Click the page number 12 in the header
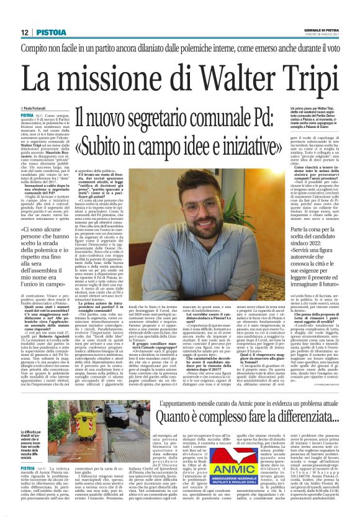tap(24, 32)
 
